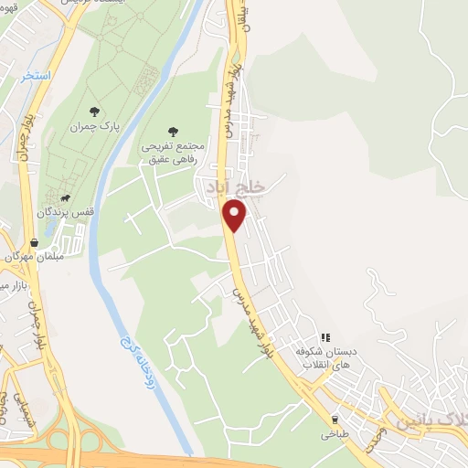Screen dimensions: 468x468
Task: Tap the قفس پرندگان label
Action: coord(66,212)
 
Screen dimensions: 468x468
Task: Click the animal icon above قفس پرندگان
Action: coord(66,197)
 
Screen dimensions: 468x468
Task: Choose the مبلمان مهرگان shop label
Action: coord(33,256)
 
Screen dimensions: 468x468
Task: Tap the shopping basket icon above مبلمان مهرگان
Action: coord(35,242)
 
